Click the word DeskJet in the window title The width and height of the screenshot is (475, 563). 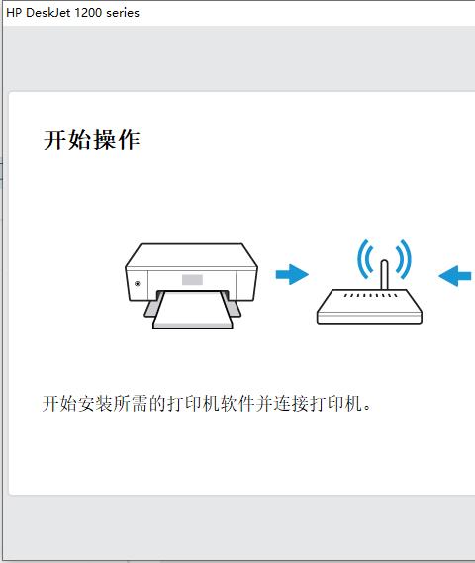coord(48,13)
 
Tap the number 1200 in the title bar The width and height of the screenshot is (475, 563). coord(88,13)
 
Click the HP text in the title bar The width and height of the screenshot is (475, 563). coord(15,13)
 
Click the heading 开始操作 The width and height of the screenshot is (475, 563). coord(92,140)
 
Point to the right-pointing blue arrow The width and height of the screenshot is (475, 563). coord(292,275)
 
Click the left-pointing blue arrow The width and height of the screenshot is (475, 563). coord(455,276)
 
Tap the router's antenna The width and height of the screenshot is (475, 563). coord(384,274)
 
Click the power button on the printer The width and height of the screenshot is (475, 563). coord(138,284)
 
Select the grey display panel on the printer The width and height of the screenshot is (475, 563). coord(192,280)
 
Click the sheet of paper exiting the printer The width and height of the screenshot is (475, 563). coord(193,310)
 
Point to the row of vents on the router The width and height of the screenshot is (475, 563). coord(370,296)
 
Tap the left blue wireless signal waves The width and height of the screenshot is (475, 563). coord(365,259)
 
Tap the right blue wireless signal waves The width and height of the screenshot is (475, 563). coord(404,259)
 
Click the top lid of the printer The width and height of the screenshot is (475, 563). coord(191,255)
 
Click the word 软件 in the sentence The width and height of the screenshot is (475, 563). coord(237,404)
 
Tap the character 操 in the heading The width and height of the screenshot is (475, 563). coord(104,140)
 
